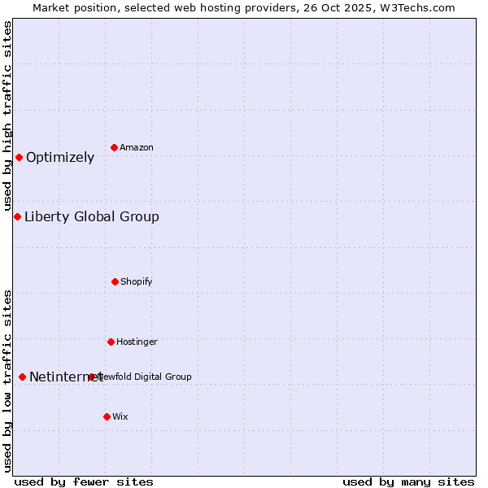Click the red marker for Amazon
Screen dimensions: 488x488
[x=114, y=147]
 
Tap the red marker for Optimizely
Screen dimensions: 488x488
[x=19, y=157]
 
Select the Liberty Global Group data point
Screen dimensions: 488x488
[x=17, y=216]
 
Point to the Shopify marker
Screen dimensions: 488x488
[x=115, y=281]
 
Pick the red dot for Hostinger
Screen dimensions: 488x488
[x=111, y=342]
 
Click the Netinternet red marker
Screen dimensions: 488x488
[x=22, y=377]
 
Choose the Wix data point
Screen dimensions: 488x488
[x=107, y=416]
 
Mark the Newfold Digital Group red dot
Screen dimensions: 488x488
[x=92, y=377]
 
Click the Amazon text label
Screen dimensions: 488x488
[x=137, y=147]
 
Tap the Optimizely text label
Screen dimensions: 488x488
[x=60, y=157]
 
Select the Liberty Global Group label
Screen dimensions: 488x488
[x=92, y=216]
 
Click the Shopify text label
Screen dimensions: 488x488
[x=137, y=281]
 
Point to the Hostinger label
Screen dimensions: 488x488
[x=137, y=342]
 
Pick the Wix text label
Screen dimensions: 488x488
[x=120, y=416]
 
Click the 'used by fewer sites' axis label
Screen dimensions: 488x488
[x=84, y=481]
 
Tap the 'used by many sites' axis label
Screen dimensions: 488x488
[x=408, y=481]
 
